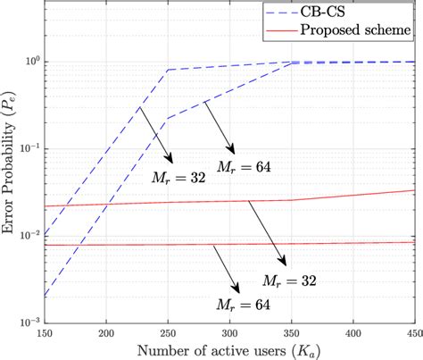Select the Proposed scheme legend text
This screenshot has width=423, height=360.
pos(369,30)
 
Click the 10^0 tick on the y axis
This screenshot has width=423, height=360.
pos(29,62)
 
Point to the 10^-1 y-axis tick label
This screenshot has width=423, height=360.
pos(28,148)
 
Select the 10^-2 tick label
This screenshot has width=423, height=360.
pos(28,235)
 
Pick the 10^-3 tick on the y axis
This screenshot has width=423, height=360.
pos(28,321)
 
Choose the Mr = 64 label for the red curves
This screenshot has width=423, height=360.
pos(242,306)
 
